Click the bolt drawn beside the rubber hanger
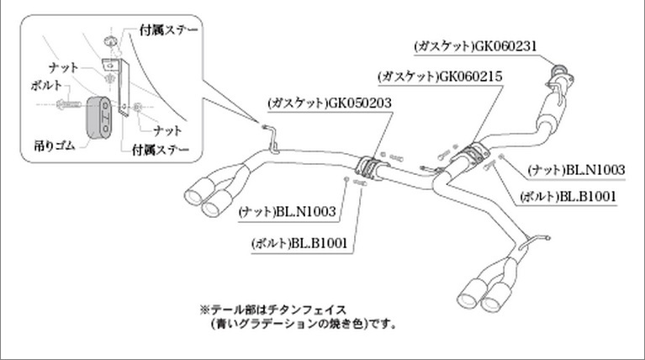(66, 104)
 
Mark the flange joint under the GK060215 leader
(474, 154)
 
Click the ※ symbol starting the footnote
(203, 310)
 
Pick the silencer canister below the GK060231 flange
(552, 109)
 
